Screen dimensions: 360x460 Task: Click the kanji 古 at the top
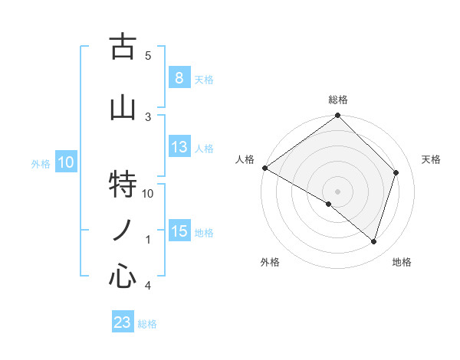(123, 47)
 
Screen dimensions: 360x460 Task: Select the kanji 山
(123, 109)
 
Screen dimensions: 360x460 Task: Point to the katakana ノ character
(123, 231)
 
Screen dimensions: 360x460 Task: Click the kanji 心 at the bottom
(123, 275)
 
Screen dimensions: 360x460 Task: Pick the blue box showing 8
(179, 78)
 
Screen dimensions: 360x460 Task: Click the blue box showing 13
(179, 148)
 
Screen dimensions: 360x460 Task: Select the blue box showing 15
(179, 231)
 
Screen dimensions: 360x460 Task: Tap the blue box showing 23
(122, 322)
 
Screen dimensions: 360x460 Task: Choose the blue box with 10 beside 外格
(65, 162)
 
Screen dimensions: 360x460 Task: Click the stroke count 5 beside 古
(148, 55)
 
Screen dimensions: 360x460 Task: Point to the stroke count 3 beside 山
(148, 116)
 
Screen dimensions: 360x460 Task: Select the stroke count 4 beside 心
(148, 286)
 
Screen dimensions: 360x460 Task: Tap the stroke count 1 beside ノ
(148, 240)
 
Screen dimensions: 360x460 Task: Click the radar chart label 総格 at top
(338, 100)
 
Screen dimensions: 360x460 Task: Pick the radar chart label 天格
(431, 159)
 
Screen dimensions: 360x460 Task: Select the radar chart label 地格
(402, 263)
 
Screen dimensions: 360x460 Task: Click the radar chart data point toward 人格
(264, 168)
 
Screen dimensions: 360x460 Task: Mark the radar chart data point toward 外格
(329, 205)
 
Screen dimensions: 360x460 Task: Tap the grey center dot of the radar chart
(338, 191)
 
